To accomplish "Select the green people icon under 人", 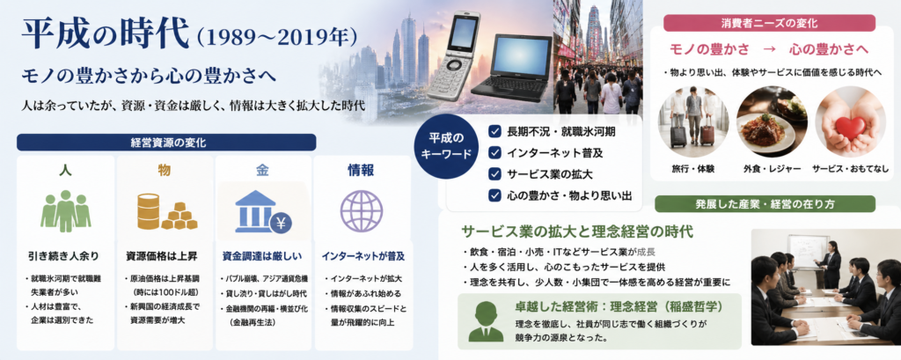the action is (65, 211).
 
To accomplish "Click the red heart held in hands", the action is (850, 127).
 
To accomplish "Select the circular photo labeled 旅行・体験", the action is (693, 122).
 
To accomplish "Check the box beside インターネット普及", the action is (495, 153).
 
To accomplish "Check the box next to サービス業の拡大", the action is (495, 174).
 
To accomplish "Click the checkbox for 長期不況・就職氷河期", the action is (495, 132).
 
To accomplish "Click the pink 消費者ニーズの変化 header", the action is (769, 23).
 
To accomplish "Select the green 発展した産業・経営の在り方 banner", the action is (765, 203).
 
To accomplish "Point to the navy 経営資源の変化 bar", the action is (166, 142).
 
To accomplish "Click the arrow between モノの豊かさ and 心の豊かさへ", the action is (769, 49).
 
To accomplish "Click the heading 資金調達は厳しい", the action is (262, 254).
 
